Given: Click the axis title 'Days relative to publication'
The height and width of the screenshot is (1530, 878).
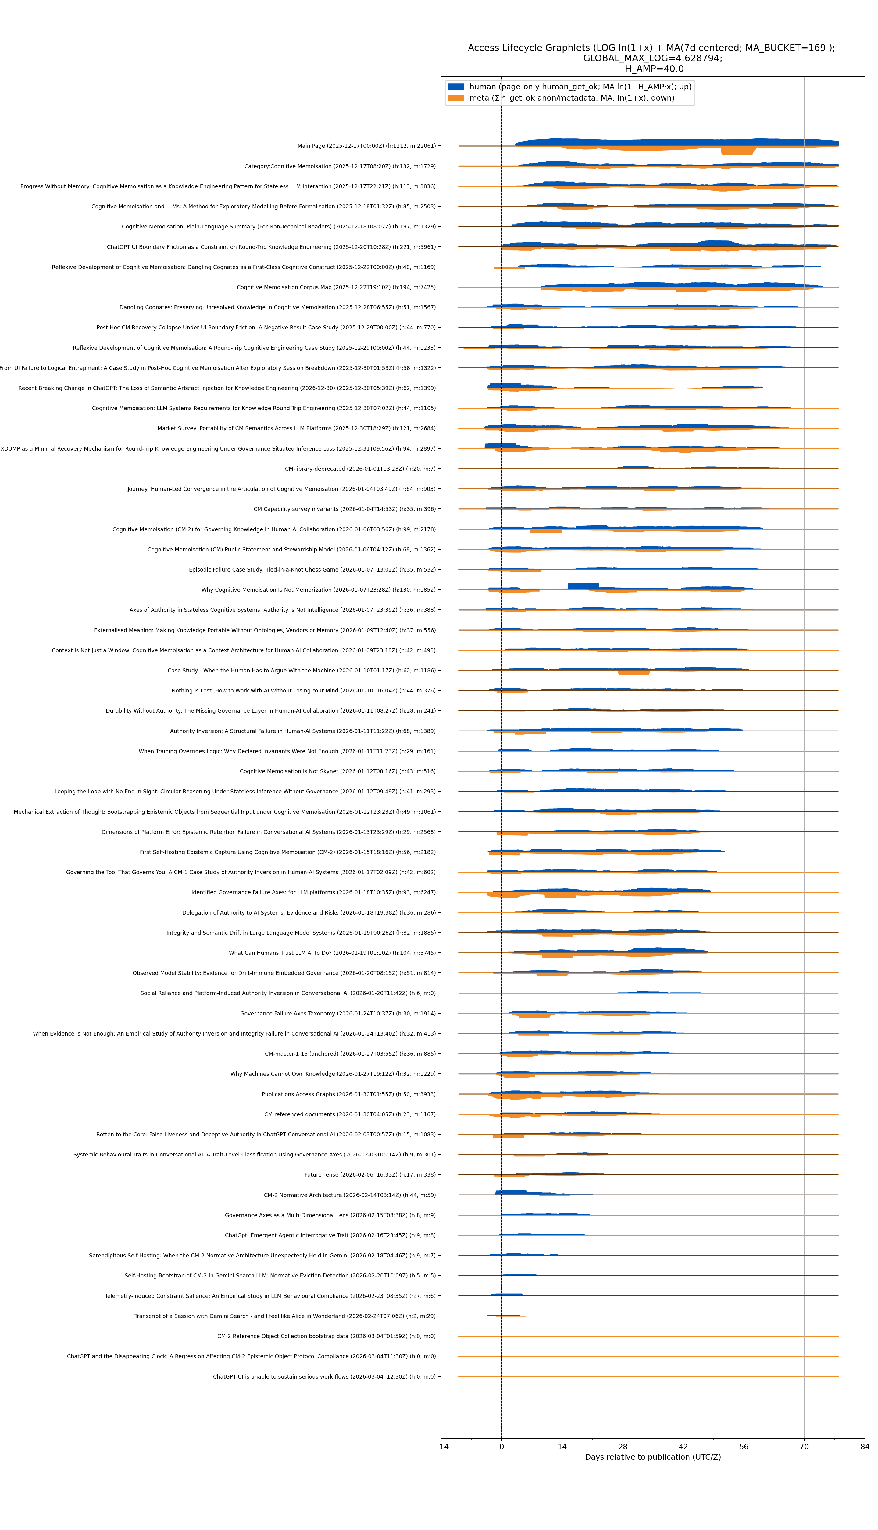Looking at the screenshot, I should click(652, 1457).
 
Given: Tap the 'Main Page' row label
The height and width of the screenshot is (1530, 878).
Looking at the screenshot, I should click(366, 146).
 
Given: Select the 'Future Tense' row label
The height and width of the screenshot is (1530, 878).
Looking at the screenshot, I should click(370, 1174).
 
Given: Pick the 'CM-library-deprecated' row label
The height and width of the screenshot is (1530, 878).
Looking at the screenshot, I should click(360, 469).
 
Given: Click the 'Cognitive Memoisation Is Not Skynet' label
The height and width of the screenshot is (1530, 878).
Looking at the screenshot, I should click(338, 771).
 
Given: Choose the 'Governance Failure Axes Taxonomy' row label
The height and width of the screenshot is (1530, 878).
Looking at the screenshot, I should click(338, 1014).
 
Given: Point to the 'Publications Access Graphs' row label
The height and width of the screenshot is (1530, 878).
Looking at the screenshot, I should click(348, 1094).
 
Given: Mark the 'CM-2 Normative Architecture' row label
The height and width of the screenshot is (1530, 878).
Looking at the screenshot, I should click(350, 1195).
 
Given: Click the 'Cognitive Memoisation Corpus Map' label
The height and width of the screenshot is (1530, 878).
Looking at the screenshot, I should click(336, 287).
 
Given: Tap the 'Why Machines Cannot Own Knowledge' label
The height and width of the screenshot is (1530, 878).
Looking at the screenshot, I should click(333, 1074).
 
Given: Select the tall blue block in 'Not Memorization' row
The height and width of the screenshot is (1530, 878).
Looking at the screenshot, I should click(583, 586).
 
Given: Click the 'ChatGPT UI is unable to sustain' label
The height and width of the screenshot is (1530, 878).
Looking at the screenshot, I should click(324, 1376).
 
